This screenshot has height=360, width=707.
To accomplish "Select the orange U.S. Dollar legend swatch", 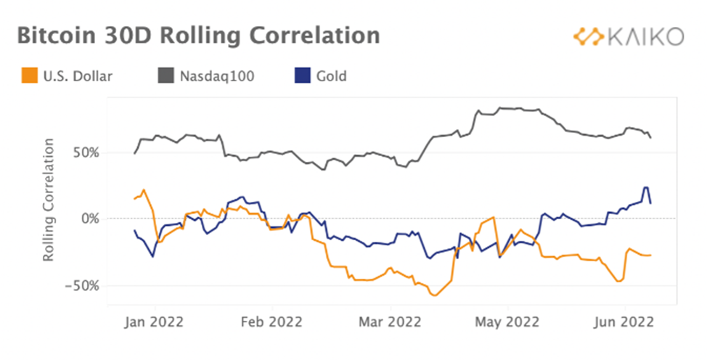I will click(29, 75).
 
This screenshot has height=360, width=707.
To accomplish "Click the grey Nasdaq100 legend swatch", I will click(165, 75).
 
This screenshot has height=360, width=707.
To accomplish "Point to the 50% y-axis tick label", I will click(88, 152).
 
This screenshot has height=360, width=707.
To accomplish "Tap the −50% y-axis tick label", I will click(84, 285).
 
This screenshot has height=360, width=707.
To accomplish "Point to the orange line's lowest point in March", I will click(434, 295).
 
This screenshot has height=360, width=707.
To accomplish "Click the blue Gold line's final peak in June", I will click(645, 187).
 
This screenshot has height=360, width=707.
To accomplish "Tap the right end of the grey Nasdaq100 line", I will click(650, 137).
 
